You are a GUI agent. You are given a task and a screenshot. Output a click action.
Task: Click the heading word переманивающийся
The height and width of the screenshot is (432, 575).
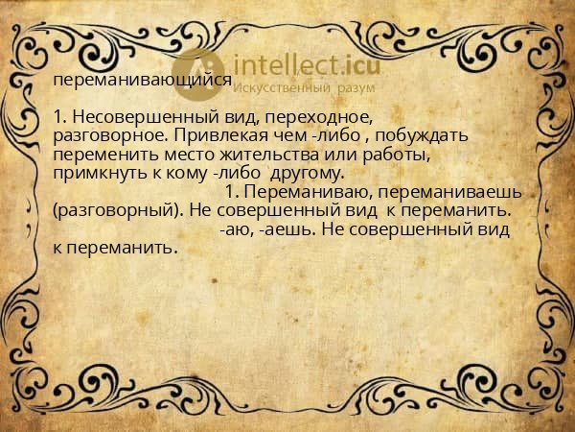pyautogui.click(x=142, y=81)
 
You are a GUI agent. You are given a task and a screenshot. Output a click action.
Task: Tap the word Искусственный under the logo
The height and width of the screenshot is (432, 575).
pyautogui.click(x=283, y=88)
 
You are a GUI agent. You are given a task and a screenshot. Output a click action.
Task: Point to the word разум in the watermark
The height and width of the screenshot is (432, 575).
pyautogui.click(x=356, y=88)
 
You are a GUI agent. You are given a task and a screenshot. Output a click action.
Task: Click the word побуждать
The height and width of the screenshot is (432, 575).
pyautogui.click(x=421, y=135)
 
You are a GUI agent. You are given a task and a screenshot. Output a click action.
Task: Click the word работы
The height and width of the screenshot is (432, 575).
pyautogui.click(x=395, y=154)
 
